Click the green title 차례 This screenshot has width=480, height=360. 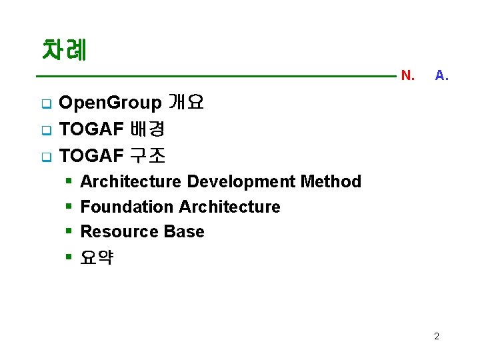(x=65, y=50)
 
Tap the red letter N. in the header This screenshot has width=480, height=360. (x=407, y=75)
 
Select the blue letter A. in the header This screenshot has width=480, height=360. (x=441, y=75)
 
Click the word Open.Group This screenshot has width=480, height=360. (x=110, y=103)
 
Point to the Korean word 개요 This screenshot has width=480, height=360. (x=186, y=103)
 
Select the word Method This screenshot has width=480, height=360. (x=331, y=181)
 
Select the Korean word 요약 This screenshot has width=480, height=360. (x=97, y=257)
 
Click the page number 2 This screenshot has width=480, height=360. (x=437, y=336)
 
